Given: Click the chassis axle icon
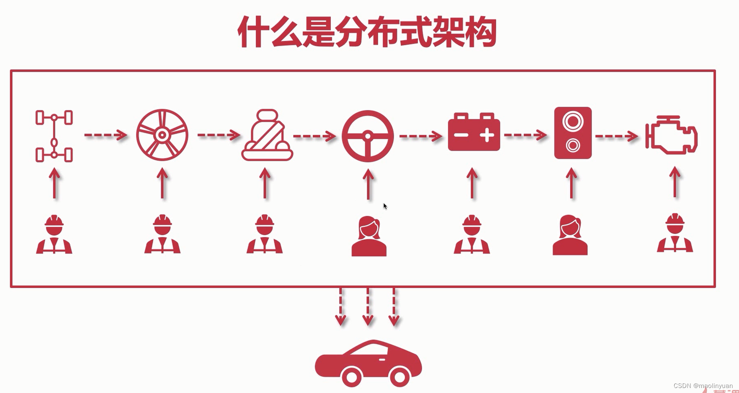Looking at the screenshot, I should [x=54, y=136].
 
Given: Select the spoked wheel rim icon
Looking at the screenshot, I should [x=162, y=135].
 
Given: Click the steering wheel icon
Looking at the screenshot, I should [x=368, y=136].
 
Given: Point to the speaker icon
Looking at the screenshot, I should [x=573, y=133].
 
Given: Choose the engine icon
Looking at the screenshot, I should [x=672, y=135].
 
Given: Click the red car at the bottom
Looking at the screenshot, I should [x=368, y=363].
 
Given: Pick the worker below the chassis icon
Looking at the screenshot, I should [x=54, y=235].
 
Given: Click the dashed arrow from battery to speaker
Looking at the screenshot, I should [x=525, y=135].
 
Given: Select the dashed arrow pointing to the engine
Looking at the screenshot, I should [x=616, y=136].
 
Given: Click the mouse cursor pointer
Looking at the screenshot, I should [x=385, y=206].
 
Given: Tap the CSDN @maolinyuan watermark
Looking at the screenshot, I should [x=703, y=386].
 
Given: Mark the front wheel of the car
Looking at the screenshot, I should [x=399, y=377].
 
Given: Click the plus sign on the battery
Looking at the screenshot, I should [x=487, y=135].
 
